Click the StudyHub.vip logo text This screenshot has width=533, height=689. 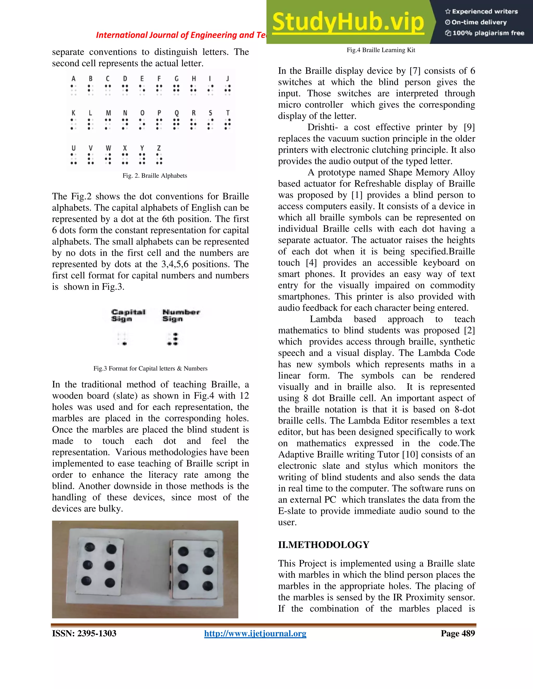tap(348, 22)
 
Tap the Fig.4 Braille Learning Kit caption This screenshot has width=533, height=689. tap(381, 50)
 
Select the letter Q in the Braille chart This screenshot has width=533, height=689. tap(176, 113)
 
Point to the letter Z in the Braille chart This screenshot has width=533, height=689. tap(159, 148)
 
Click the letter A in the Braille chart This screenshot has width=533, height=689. tap(74, 79)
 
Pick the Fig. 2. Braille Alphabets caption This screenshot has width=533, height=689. tap(155, 176)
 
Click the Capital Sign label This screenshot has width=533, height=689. tap(128, 315)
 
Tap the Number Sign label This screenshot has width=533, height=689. tap(181, 315)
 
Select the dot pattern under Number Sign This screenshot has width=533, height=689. tap(173, 339)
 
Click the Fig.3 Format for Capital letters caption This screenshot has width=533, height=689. tap(150, 368)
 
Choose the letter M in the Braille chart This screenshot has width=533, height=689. tap(108, 113)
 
